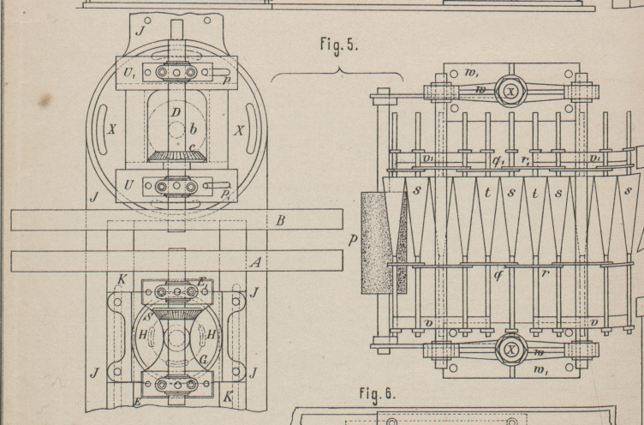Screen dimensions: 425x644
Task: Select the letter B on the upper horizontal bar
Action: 279,220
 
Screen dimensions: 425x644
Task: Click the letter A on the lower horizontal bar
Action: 254,262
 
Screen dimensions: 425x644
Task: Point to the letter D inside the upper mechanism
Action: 175,112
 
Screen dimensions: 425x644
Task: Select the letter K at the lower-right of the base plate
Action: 227,398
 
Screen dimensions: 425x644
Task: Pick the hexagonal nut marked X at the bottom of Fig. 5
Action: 511,349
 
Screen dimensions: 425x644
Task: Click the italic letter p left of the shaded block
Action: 352,241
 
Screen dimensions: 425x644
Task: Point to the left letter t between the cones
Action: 488,193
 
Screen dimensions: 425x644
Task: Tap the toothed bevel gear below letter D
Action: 177,155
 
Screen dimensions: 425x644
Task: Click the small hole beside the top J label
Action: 147,20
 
